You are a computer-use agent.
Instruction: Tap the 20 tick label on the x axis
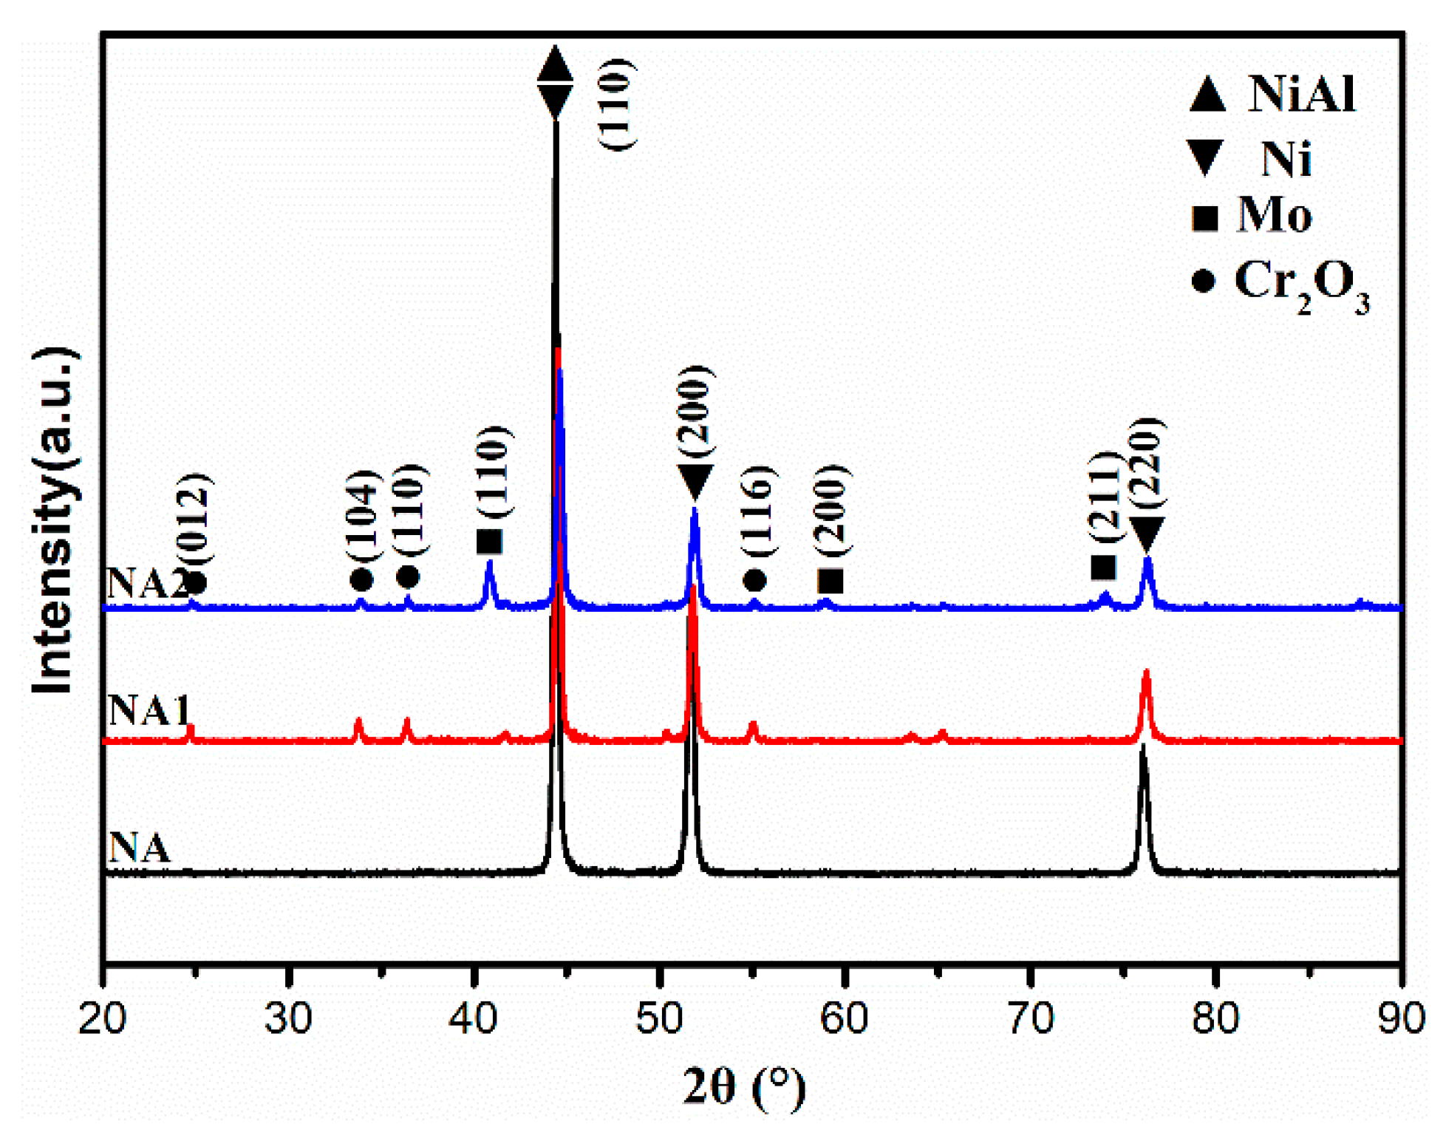[102, 1018]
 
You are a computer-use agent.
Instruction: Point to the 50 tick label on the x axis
[659, 1018]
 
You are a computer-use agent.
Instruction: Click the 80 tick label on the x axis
[1215, 1018]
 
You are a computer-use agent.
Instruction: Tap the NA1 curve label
[149, 710]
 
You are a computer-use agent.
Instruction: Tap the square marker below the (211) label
[1103, 568]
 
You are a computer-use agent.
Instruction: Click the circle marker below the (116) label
[754, 580]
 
